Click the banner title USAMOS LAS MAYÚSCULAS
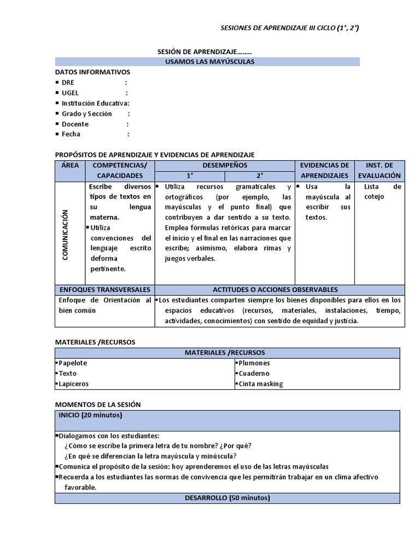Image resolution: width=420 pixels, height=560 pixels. point(209,62)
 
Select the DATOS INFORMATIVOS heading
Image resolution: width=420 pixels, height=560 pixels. point(92,72)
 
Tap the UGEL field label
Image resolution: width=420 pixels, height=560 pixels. point(71,93)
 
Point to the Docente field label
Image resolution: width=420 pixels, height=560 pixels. point(75,124)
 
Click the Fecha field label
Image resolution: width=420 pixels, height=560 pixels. point(71,135)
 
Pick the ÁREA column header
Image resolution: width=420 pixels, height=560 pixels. point(70,165)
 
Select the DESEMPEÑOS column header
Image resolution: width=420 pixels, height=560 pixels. point(225,165)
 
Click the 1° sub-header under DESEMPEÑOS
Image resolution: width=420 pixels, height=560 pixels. point(190,176)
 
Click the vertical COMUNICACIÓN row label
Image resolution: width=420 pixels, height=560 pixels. point(65,235)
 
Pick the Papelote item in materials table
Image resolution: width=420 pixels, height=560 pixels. point(73,363)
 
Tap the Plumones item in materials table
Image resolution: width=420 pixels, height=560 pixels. point(254,363)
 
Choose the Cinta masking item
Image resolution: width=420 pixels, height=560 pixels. point(261,384)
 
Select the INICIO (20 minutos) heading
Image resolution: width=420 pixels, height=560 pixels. point(90,416)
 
